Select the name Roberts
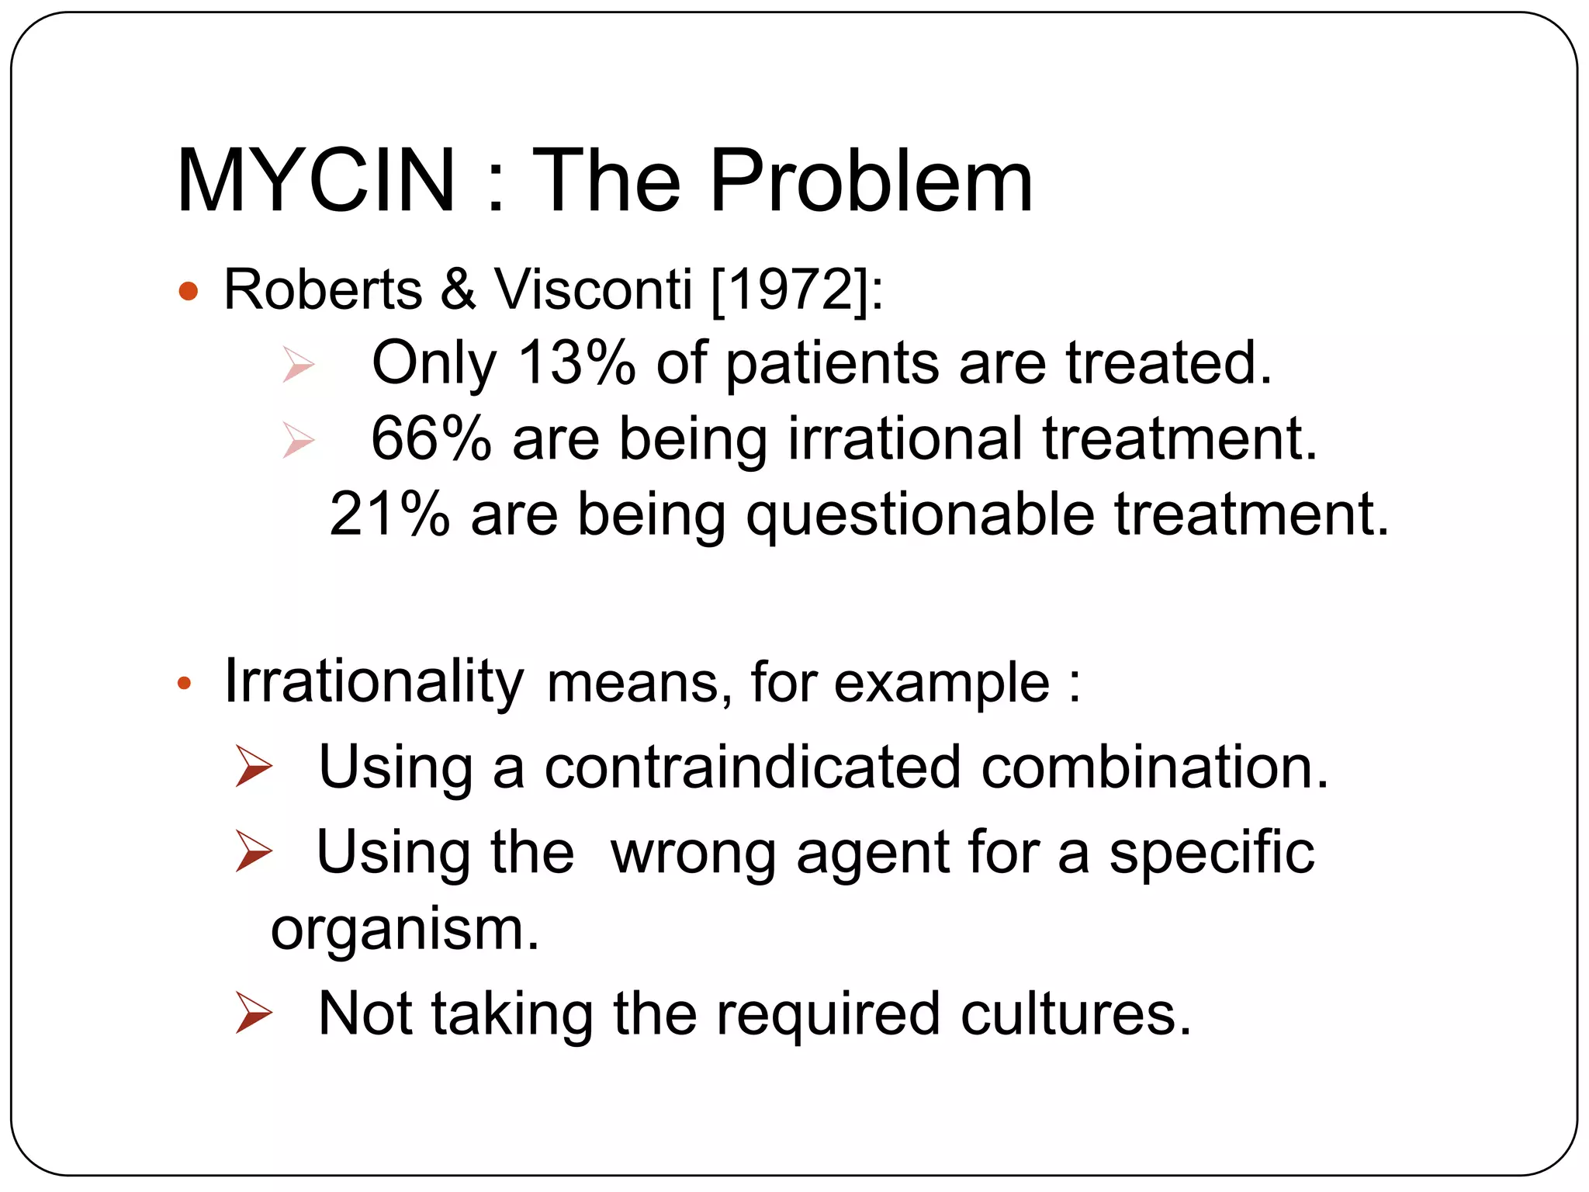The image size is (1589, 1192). [x=323, y=289]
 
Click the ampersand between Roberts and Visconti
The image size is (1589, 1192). [x=458, y=289]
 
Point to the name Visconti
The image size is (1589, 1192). [x=593, y=289]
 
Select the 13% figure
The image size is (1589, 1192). [x=576, y=362]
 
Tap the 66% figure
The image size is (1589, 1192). [x=431, y=438]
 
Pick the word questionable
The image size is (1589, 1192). [x=919, y=515]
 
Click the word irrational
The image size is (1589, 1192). [x=905, y=438]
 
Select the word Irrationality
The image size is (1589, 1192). [x=374, y=681]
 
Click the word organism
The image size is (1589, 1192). [x=404, y=930]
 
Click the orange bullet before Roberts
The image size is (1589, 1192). [x=188, y=292]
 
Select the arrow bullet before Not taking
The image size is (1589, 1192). [x=254, y=1013]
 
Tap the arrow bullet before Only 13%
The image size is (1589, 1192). [x=298, y=364]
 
